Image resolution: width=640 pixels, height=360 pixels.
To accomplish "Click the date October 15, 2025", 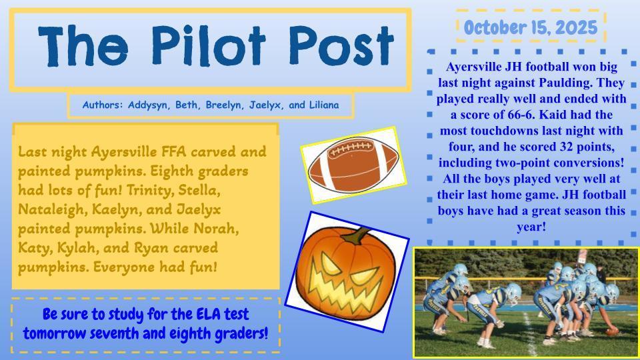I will pos(531,27).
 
